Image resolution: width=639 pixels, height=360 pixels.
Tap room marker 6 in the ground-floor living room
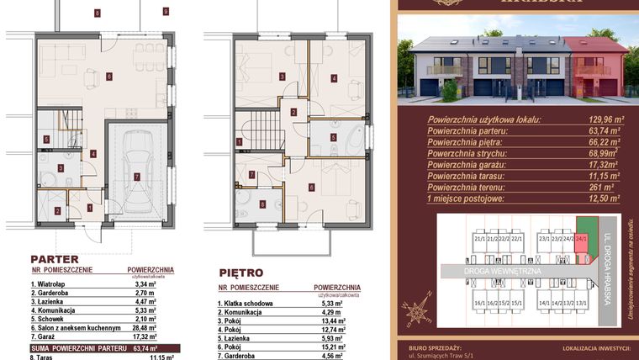tap(109, 77)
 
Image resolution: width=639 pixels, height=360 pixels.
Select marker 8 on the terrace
tap(98, 13)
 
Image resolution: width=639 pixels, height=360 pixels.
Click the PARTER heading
tap(55, 259)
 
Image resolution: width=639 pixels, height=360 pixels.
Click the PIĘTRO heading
tap(240, 273)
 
